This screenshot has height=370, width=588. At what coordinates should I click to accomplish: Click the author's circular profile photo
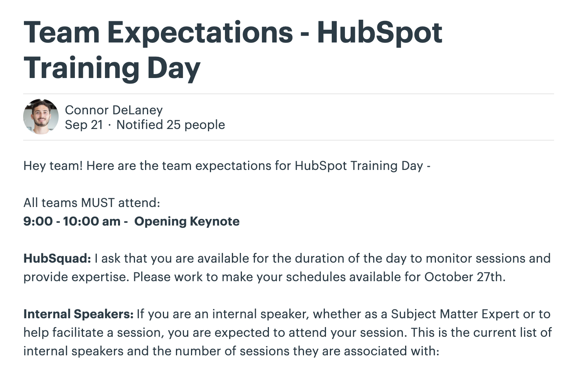click(41, 117)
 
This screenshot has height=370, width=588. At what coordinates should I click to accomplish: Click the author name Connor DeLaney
click(114, 110)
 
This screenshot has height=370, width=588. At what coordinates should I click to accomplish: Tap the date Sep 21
click(84, 125)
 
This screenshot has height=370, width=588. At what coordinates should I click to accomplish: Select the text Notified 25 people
click(171, 125)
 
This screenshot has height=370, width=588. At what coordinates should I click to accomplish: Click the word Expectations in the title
click(200, 33)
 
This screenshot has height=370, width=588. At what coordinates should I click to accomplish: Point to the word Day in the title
click(174, 68)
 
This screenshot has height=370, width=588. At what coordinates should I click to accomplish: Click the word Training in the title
click(81, 68)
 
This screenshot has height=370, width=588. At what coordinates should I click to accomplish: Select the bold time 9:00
click(38, 221)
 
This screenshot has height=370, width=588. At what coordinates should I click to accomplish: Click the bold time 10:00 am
click(91, 221)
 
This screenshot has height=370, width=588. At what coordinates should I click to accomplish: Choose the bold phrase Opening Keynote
click(187, 222)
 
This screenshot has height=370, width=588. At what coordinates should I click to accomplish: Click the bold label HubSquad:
click(57, 259)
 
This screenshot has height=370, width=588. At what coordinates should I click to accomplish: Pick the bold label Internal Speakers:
click(78, 314)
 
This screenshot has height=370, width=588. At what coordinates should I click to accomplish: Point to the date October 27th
click(465, 277)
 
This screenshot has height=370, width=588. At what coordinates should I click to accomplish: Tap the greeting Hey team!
click(53, 166)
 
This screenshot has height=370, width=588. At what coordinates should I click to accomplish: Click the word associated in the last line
click(375, 351)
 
